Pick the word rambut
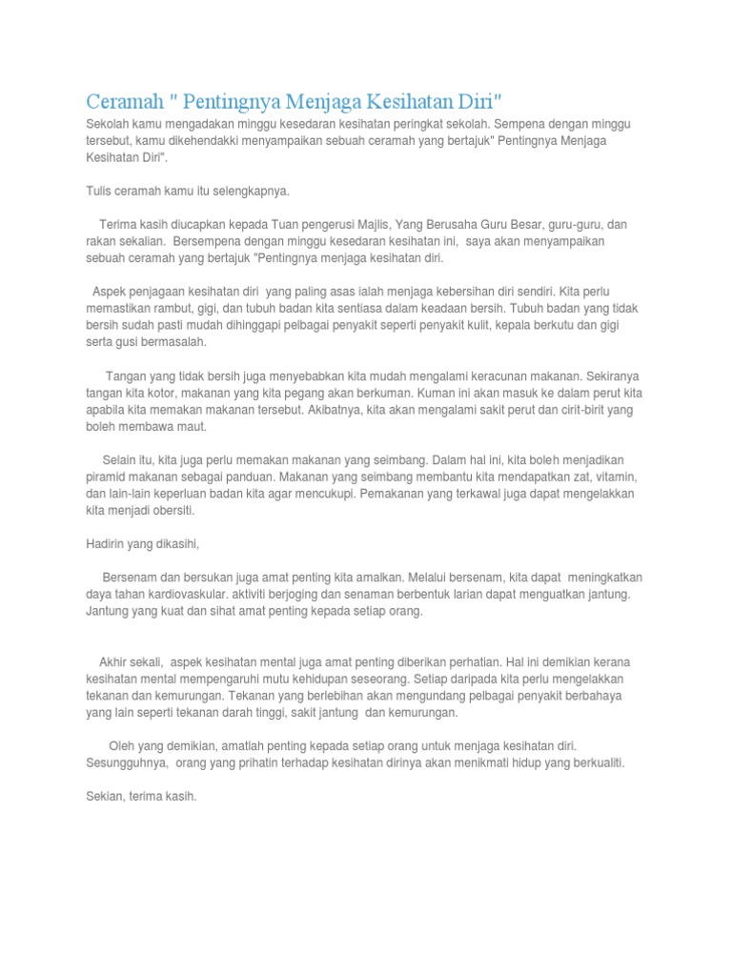pos(177,309)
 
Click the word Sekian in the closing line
pos(104,797)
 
